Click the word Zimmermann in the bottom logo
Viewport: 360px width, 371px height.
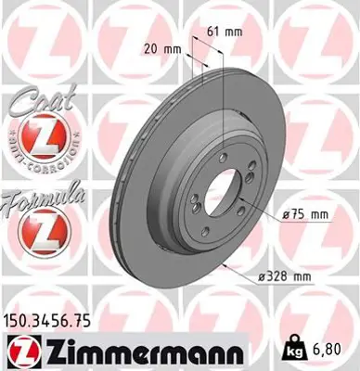[x=140, y=351]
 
